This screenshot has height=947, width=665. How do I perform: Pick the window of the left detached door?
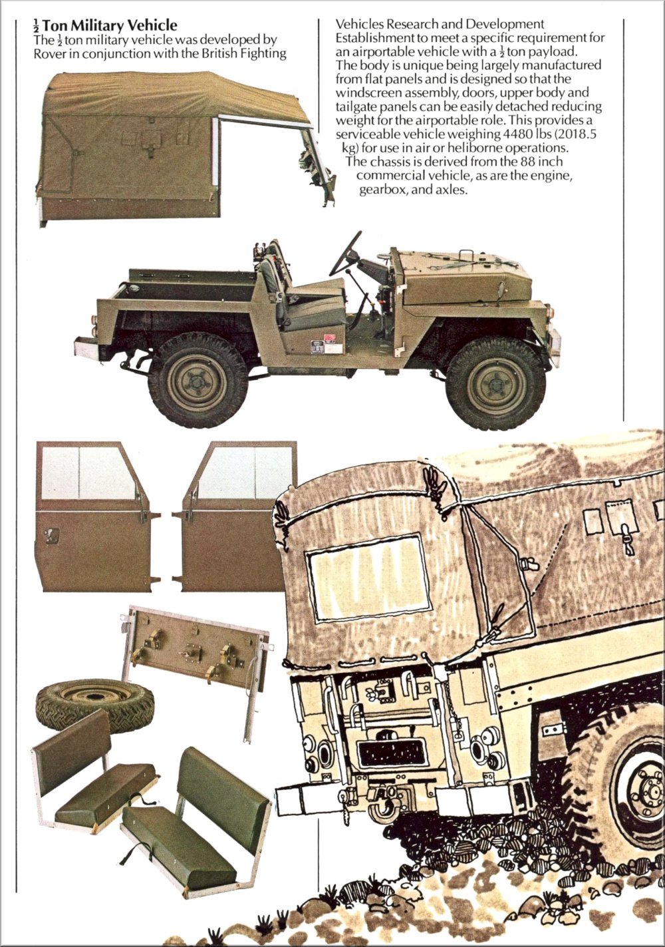pos(88,473)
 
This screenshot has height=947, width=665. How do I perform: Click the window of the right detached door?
pos(245,473)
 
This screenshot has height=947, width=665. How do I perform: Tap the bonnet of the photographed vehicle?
pos(465,277)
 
